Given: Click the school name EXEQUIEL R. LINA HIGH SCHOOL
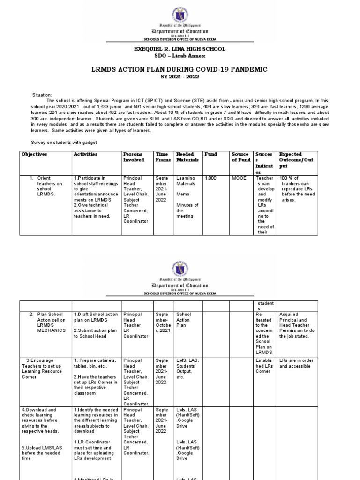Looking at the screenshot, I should point(180,49).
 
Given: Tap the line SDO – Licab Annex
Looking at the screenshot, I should point(180,56).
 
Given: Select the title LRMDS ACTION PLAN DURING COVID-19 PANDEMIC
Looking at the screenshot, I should point(180,69).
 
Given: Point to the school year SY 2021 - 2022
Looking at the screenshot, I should point(180,77).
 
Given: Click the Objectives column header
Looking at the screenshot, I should point(35,154).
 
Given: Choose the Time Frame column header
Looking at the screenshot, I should point(162,157).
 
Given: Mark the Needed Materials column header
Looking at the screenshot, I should point(187,157).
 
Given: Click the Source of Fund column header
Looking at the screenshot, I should point(240,157).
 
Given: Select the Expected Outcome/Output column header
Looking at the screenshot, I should point(296,160).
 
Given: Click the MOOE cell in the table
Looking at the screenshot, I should point(239,178).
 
